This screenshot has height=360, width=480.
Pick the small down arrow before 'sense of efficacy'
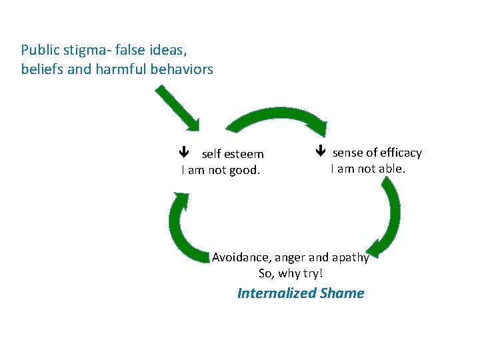320,152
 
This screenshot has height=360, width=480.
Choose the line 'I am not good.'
221,170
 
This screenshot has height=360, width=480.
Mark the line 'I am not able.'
368,169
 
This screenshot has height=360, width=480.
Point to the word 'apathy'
351,258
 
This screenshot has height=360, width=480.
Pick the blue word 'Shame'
342,293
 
